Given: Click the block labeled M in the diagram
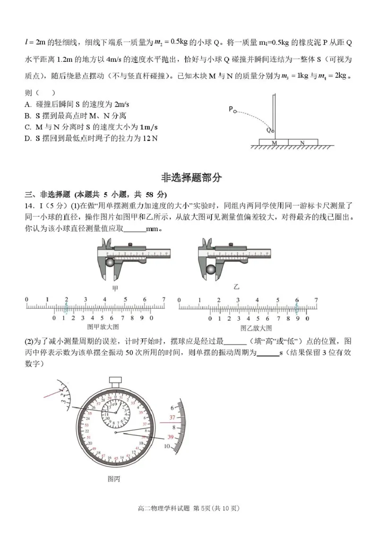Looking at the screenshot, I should pos(274,142).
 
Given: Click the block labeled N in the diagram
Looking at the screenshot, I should pos(302,142).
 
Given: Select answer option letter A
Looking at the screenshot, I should pos(28,105).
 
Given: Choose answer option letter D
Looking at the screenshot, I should pos(28,138).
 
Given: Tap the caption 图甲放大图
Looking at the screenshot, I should pos(103,327).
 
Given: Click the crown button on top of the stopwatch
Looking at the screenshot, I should pos(116,380).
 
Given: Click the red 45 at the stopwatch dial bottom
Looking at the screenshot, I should pos(116,458).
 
